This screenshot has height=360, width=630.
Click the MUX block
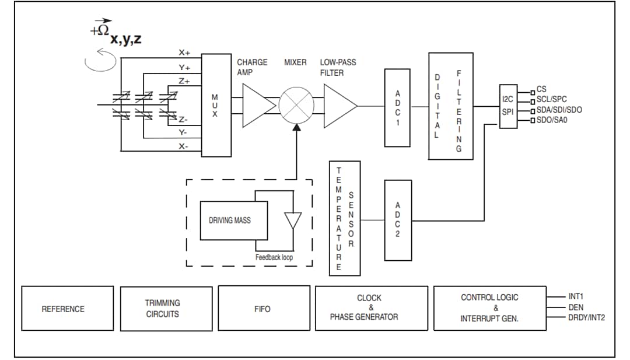[x=216, y=105]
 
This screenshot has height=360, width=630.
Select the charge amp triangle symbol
[x=256, y=105]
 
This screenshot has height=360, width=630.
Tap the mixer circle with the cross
[x=296, y=106]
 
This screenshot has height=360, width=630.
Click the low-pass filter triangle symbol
[x=338, y=105]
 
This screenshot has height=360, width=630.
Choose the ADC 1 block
[x=397, y=107]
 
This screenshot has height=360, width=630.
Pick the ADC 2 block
[x=397, y=220]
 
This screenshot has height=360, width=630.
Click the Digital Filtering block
[x=450, y=106]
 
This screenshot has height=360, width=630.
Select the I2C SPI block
[x=508, y=106]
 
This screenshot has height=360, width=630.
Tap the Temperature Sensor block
[x=344, y=218]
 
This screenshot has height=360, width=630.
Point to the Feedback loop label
[x=274, y=257]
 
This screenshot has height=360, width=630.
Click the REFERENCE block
[x=63, y=309]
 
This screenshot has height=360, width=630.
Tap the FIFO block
[x=262, y=309]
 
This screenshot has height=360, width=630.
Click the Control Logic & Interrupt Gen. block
[x=489, y=308]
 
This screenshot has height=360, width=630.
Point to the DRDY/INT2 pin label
[x=586, y=318]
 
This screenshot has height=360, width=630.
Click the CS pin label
[x=541, y=89]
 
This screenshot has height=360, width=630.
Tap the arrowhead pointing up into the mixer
[x=296, y=128]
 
